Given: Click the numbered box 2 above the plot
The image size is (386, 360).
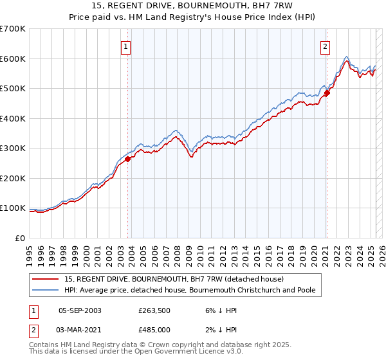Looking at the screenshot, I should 326,46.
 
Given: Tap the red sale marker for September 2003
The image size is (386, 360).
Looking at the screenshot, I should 128,159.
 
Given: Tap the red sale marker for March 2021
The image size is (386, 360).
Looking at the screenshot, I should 327,93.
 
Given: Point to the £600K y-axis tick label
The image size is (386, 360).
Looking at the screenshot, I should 13,59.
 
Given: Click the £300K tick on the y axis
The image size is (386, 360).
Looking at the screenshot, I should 13,148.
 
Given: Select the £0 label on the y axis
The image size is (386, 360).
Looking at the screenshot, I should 21,238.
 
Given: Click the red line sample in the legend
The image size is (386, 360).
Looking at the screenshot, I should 46,279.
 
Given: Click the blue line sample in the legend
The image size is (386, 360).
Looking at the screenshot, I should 46,290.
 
